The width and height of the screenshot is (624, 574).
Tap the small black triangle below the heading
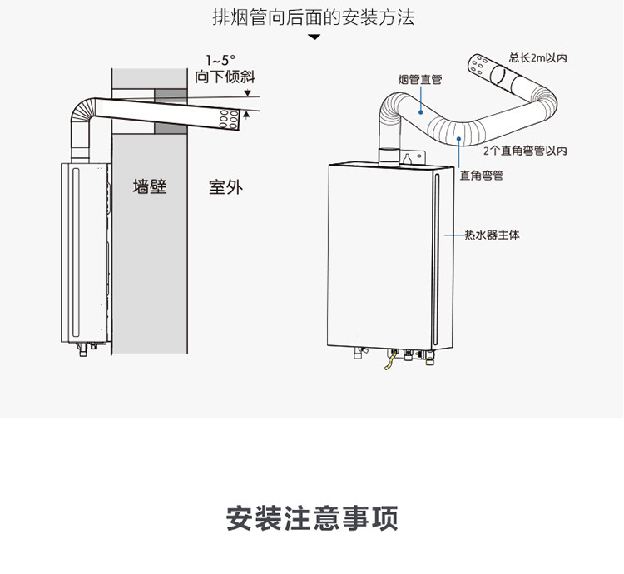click(314, 37)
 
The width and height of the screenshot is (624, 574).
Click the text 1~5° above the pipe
click(221, 60)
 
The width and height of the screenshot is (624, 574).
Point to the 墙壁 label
click(150, 186)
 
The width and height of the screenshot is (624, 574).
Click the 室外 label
click(225, 186)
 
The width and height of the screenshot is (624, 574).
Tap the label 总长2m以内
click(538, 58)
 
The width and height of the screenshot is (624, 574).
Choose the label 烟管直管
click(420, 79)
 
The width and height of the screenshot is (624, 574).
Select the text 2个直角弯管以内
click(525, 151)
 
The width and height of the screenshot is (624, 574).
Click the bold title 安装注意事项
click(312, 517)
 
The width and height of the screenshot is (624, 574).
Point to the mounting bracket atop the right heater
click(408, 157)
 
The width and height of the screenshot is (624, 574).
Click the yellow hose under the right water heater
click(388, 364)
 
